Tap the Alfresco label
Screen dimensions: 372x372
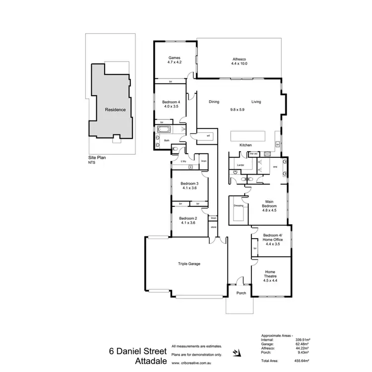click(239, 59)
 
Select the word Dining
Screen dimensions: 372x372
click(214, 102)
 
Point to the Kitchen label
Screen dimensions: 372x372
click(246, 145)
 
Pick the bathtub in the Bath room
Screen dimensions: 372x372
click(164, 130)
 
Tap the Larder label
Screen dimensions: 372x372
click(241, 165)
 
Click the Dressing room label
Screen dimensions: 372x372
click(238, 205)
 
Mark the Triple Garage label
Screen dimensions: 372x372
click(189, 264)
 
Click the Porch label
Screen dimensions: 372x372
click(241, 293)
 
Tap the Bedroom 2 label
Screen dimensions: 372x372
click(188, 218)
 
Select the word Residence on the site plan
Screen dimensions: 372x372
click(115, 110)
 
